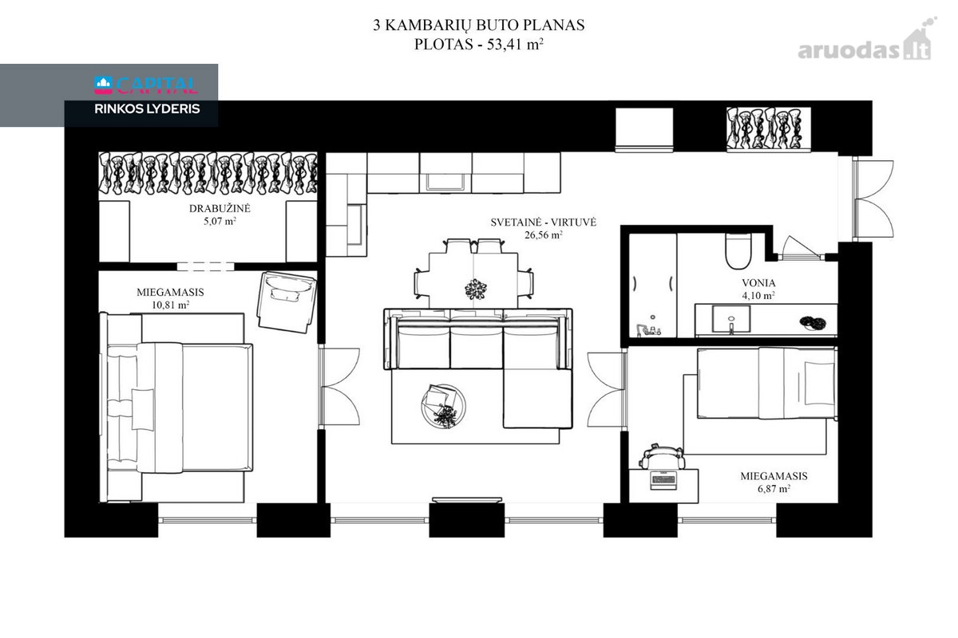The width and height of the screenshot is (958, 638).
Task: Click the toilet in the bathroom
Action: point(738,251)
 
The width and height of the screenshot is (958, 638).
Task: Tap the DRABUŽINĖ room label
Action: point(220,208)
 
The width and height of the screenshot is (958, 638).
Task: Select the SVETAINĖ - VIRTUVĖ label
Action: point(543,223)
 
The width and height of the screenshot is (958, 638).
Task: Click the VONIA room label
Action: point(758,283)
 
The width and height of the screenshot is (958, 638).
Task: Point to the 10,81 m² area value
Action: point(171,305)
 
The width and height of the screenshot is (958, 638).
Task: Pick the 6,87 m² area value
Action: point(774,488)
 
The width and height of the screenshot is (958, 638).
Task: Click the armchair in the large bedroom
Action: point(287,302)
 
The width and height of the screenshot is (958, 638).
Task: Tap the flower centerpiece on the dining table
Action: point(476,289)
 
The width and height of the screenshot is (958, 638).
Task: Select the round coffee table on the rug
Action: point(443,406)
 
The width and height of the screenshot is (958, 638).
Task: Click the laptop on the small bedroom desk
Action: point(663,480)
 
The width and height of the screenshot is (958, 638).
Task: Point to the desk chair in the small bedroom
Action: point(662,456)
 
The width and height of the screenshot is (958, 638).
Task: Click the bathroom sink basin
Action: point(731,319)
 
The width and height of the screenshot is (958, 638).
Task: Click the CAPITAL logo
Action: point(146,85)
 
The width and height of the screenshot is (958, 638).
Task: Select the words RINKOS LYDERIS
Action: point(147,109)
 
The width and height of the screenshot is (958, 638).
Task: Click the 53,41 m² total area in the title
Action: point(515,44)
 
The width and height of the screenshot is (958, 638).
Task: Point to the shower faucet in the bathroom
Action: point(647,329)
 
